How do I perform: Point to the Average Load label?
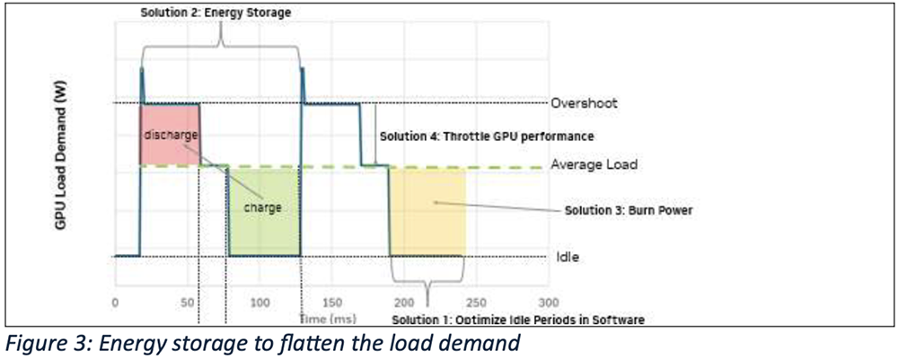[x=594, y=165]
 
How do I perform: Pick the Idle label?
[x=568, y=257]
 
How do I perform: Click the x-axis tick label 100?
[x=260, y=303]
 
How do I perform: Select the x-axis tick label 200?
[x=404, y=303]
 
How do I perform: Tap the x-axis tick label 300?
[x=548, y=303]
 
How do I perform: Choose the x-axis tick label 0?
[x=115, y=303]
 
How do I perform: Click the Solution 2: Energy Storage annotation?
[x=216, y=13]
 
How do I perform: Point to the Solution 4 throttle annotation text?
[x=487, y=136]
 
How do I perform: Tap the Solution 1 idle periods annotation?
[x=518, y=320]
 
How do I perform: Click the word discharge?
[x=170, y=135]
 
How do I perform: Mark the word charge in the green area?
[x=263, y=207]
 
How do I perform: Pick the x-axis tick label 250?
[x=476, y=303]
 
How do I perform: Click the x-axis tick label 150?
[x=332, y=303]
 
